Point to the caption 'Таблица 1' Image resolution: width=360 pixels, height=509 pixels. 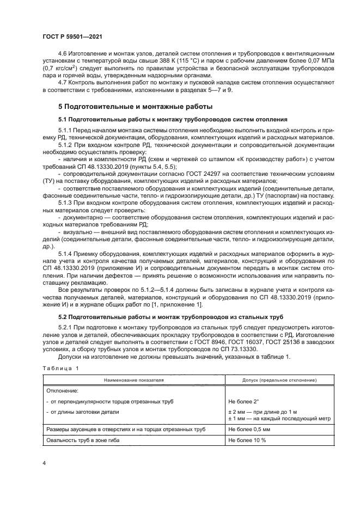tap(60, 369)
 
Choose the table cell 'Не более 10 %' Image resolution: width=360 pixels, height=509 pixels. tap(246, 440)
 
